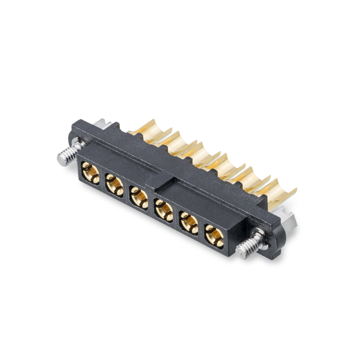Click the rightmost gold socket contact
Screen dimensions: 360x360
click(x=212, y=235)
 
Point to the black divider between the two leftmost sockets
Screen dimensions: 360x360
click(x=102, y=180)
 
